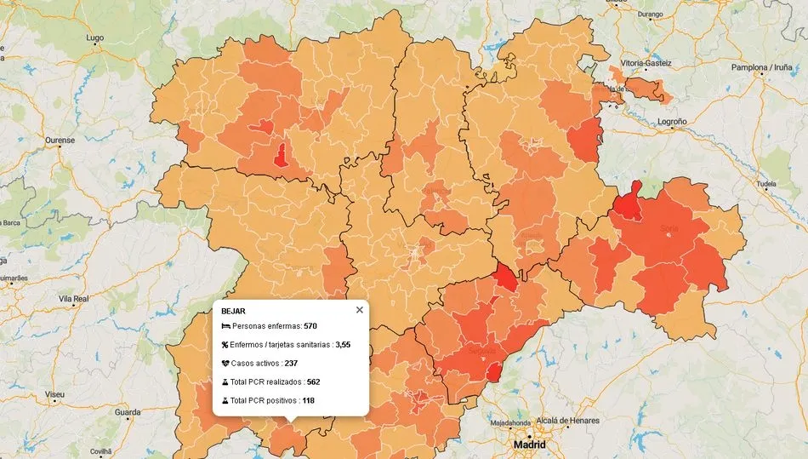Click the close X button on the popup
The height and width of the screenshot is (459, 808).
(x=359, y=310)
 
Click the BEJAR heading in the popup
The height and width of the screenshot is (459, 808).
(x=233, y=311)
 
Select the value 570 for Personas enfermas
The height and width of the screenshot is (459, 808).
(x=310, y=326)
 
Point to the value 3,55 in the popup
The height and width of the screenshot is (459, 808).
(x=343, y=345)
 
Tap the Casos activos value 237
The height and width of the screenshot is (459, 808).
(x=291, y=363)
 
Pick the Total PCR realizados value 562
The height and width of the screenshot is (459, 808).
(x=314, y=382)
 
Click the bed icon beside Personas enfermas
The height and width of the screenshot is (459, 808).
(x=225, y=326)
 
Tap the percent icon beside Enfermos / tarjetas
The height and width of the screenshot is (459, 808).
(x=225, y=345)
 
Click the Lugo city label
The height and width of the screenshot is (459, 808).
(x=94, y=38)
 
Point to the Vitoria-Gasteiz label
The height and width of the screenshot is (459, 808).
(x=646, y=63)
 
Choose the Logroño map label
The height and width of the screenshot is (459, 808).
(x=672, y=122)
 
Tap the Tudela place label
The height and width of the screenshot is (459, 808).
(x=766, y=183)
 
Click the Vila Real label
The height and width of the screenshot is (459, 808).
(x=73, y=299)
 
